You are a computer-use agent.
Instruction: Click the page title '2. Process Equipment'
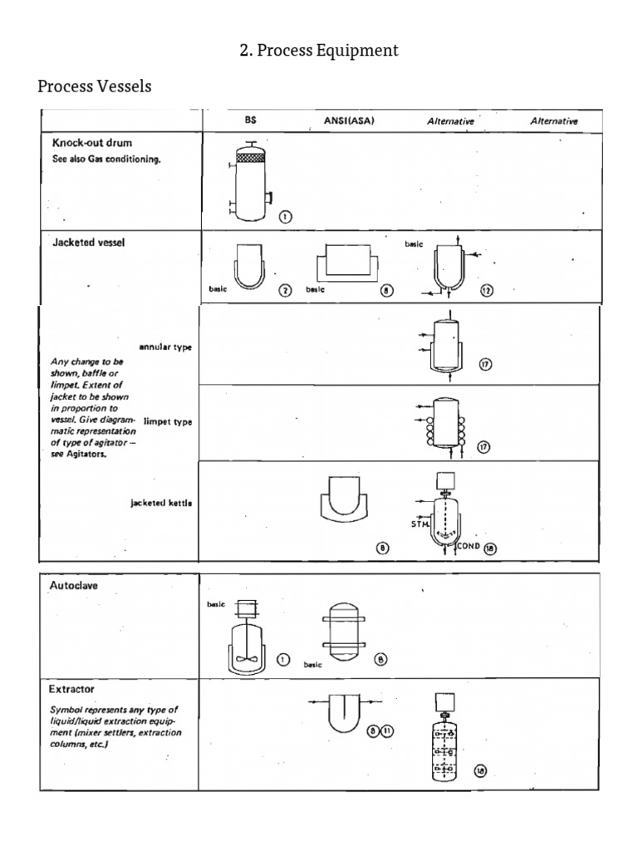319,51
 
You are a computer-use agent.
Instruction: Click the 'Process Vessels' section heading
95,86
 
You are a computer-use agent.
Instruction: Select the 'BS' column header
250,121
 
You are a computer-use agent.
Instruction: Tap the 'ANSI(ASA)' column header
349,121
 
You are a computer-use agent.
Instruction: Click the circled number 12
487,290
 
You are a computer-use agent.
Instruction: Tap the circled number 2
285,290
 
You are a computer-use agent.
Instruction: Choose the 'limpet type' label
168,421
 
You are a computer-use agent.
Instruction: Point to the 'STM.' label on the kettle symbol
420,524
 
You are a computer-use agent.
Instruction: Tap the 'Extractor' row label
72,689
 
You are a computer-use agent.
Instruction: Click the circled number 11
387,730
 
